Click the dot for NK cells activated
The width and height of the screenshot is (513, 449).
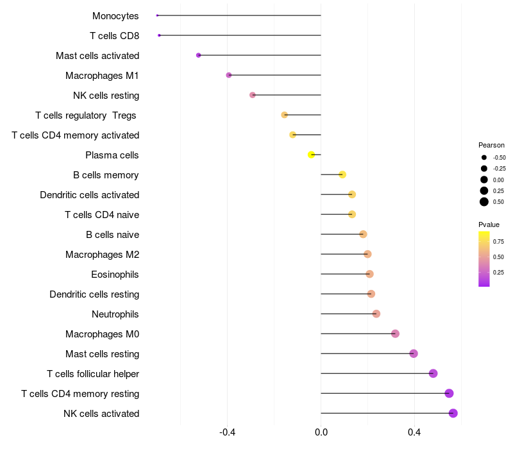[453, 413]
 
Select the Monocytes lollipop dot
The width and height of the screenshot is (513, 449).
[157, 15]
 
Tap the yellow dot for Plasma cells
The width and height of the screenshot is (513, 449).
[311, 155]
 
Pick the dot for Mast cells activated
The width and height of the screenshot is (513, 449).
[198, 55]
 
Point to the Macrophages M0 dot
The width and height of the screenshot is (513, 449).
[395, 334]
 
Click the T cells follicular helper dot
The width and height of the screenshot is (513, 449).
[433, 373]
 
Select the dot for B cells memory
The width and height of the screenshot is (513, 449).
[342, 174]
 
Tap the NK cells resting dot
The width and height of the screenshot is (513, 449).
[253, 95]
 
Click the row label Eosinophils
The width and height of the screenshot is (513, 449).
[115, 275]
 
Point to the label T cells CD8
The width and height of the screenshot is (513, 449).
[114, 36]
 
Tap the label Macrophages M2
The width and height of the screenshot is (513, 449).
[102, 255]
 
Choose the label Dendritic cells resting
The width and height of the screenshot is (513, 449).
[94, 294]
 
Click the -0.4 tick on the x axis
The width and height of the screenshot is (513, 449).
[227, 432]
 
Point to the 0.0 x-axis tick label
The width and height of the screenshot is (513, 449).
[321, 432]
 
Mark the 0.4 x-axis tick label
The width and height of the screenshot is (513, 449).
[414, 432]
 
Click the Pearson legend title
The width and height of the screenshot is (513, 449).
[491, 145]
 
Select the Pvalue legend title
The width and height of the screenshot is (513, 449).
[489, 224]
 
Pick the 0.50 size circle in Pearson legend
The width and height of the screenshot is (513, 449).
[484, 202]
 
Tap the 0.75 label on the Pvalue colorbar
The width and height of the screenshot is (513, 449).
[498, 241]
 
